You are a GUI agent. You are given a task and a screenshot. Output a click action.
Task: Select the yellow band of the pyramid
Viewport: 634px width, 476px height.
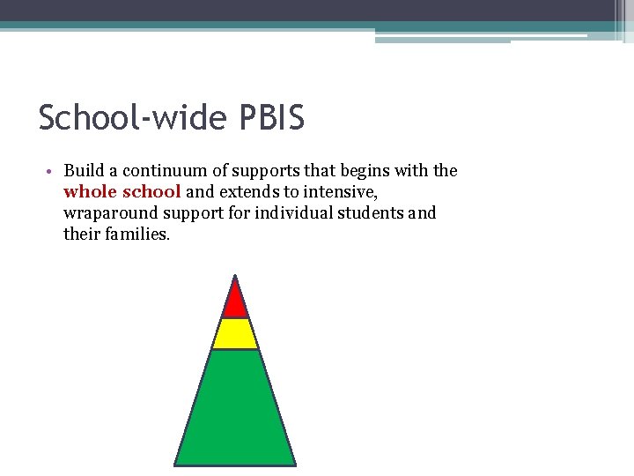click(235, 334)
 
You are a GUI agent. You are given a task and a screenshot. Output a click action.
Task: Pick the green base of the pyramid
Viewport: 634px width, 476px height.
click(235, 410)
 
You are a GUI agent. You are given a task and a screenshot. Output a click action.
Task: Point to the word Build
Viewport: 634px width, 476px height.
click(83, 171)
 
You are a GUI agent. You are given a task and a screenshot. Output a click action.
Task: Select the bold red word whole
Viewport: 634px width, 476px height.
click(89, 192)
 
